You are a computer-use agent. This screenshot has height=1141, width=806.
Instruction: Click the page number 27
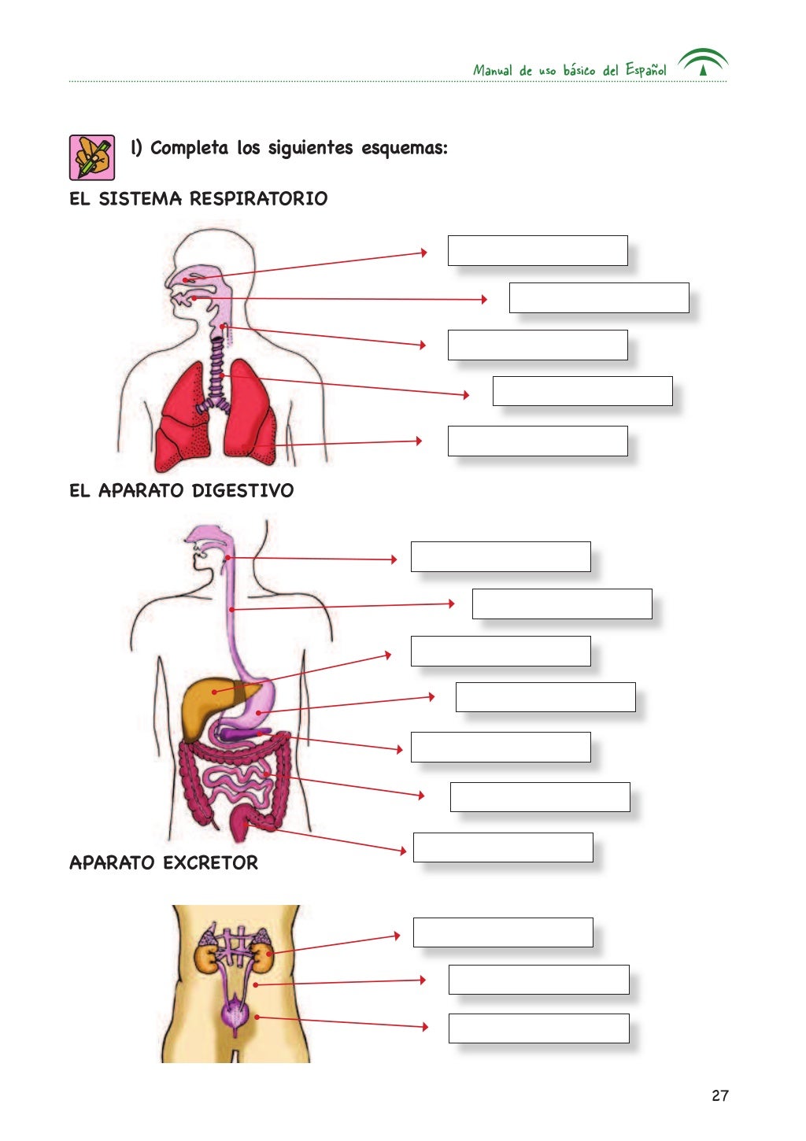(719, 1095)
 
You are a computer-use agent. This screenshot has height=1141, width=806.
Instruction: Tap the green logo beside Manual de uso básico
(703, 62)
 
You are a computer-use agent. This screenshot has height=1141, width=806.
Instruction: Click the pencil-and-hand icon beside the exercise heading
(92, 157)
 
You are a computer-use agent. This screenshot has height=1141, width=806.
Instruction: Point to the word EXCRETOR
(211, 862)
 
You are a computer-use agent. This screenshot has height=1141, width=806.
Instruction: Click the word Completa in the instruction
(189, 148)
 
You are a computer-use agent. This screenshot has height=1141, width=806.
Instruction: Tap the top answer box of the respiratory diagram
(538, 250)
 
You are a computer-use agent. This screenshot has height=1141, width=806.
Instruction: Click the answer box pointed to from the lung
(538, 441)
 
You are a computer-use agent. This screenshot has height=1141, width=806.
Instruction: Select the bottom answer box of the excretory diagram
(538, 1028)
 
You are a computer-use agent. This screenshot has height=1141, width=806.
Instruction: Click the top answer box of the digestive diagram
(501, 556)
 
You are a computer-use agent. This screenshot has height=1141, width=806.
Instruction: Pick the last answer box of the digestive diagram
(503, 847)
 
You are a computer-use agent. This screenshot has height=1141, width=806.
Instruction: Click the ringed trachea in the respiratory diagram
(216, 370)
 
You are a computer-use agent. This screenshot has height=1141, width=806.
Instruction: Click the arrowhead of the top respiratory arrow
(423, 253)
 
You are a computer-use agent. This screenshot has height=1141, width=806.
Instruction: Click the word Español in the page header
(645, 70)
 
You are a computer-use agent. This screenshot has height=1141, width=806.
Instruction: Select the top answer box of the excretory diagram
(503, 932)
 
